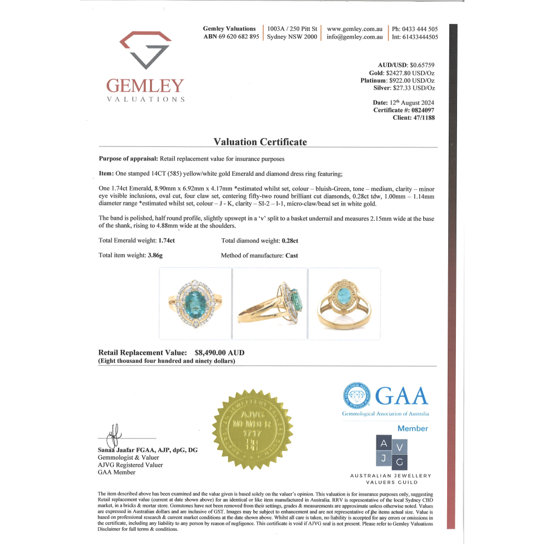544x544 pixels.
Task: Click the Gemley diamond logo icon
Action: coord(145,50)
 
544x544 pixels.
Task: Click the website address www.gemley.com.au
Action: coord(355,29)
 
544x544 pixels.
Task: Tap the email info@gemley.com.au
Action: coord(355,37)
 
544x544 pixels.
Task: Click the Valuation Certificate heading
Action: coord(260,142)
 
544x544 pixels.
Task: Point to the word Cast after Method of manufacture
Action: coord(292,255)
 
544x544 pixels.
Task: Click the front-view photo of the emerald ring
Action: coord(194,304)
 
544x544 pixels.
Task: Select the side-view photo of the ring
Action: coord(269,304)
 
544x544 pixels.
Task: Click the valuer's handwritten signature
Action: coord(113,438)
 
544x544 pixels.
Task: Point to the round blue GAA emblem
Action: coord(356,397)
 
